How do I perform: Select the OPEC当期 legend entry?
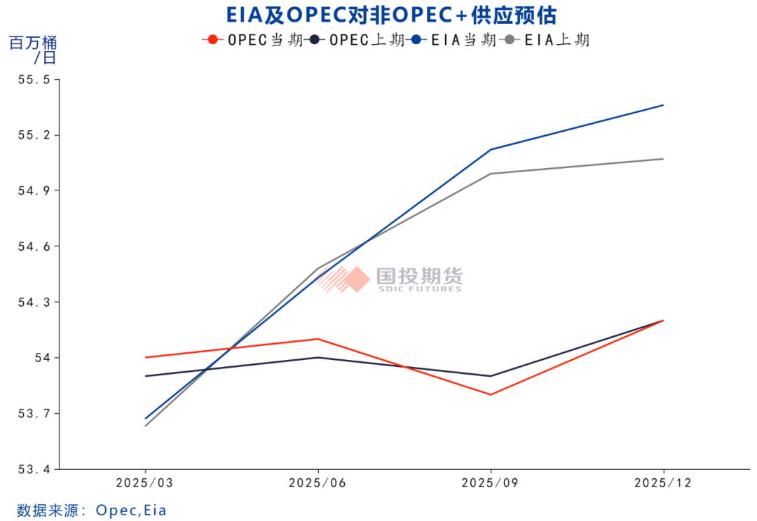tap(252, 40)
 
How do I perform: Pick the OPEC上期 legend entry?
tap(357, 40)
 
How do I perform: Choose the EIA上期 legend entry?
tap(547, 40)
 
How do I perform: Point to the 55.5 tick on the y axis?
tap(34, 80)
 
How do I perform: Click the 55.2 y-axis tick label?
tap(34, 135)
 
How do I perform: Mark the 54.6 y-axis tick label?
tap(34, 246)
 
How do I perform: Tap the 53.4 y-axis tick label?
tap(34, 469)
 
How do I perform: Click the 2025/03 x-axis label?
tap(145, 483)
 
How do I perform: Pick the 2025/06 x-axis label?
tap(318, 483)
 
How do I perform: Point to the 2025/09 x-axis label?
tap(491, 483)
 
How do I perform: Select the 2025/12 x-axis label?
tap(663, 483)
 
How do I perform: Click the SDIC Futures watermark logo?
tap(390, 279)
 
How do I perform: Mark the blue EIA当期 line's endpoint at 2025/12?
tap(663, 105)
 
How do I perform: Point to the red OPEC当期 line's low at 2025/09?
tap(491, 394)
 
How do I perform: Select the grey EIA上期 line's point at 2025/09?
tap(491, 174)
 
